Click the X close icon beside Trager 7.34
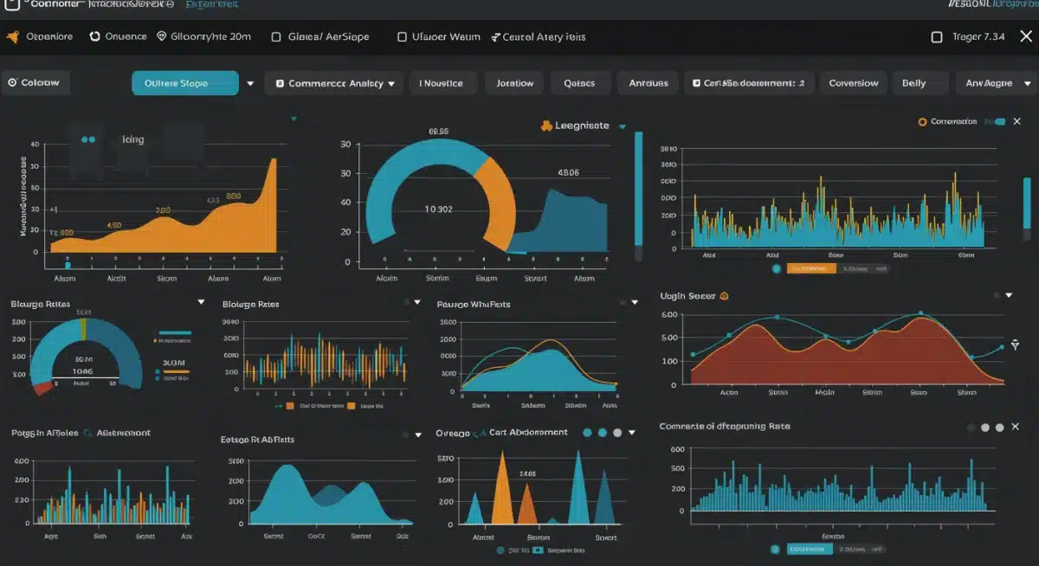coord(1026,36)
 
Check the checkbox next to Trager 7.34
coord(936,37)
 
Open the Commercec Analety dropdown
coord(334,83)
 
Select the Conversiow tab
coord(853,83)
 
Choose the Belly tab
coord(913,83)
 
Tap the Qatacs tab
coord(579,83)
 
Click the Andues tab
coord(648,83)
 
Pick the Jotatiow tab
coord(514,83)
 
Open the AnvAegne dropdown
coord(997,83)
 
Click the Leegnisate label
coord(581,125)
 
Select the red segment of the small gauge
coord(42,388)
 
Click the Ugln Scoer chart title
coord(687,296)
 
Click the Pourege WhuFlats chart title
coord(474,304)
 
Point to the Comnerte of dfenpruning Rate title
coord(724,427)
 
